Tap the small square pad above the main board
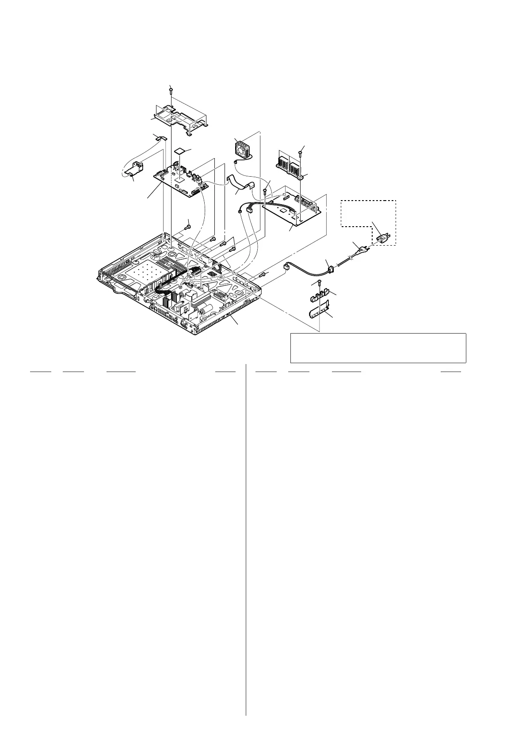[179, 150]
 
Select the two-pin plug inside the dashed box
[382, 239]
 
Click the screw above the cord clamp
[319, 282]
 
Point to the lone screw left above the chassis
[188, 227]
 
